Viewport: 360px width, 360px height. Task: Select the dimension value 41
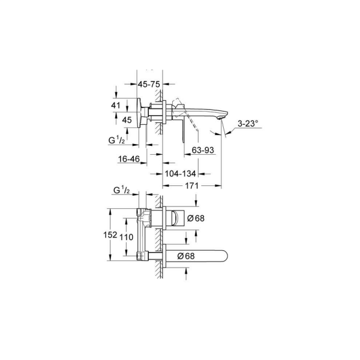pyautogui.click(x=125, y=105)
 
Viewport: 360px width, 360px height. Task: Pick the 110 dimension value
pyautogui.click(x=126, y=236)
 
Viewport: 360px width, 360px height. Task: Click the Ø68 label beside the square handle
pyautogui.click(x=196, y=218)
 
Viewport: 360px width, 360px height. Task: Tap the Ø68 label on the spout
pyautogui.click(x=187, y=256)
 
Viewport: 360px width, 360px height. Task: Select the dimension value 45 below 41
pyautogui.click(x=127, y=119)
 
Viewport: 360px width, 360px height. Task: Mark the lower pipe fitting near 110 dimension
pyautogui.click(x=142, y=257)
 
